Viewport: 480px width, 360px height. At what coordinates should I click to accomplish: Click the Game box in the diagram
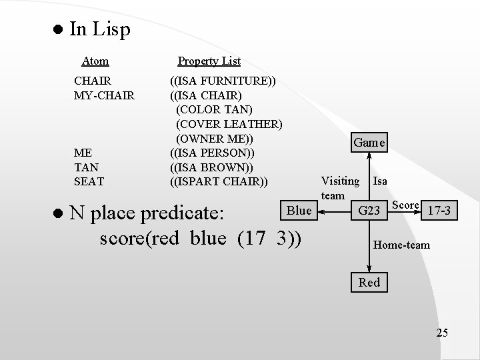click(x=369, y=143)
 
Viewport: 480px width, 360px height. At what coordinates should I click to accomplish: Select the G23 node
click(x=369, y=211)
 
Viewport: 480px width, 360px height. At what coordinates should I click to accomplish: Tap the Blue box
click(x=299, y=211)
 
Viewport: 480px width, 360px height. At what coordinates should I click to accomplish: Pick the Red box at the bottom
click(x=369, y=282)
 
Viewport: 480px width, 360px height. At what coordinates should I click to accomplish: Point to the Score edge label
click(x=405, y=204)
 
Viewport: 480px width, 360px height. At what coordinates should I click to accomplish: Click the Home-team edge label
click(x=401, y=245)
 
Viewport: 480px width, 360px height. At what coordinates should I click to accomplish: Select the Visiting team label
click(x=340, y=187)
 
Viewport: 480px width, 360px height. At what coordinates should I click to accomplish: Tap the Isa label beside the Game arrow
click(x=380, y=180)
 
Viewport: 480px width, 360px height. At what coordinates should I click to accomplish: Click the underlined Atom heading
click(x=95, y=61)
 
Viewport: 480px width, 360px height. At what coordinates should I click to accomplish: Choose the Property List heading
click(x=209, y=61)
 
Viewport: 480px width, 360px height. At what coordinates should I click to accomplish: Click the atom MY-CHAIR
click(x=104, y=95)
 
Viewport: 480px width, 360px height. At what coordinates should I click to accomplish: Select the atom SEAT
click(x=89, y=180)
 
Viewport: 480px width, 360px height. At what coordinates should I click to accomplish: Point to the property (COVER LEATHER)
click(x=229, y=123)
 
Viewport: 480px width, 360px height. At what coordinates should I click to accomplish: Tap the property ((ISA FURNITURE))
click(x=223, y=81)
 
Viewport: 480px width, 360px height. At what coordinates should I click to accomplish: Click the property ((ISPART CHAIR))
click(x=219, y=180)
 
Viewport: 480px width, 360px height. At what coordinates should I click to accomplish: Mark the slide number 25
click(x=442, y=333)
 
